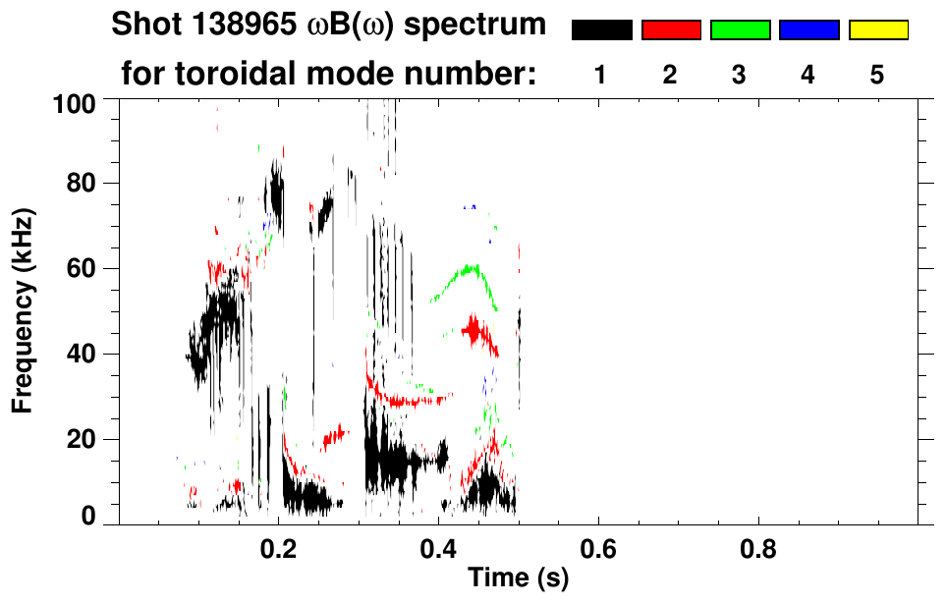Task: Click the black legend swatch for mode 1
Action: (601, 30)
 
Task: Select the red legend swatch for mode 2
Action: (671, 30)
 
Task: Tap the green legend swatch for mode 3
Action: (740, 30)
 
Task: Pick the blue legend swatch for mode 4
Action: (808, 30)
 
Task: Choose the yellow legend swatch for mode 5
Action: (877, 30)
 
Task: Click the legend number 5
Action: (877, 75)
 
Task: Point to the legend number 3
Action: (740, 75)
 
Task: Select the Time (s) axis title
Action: (517, 579)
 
